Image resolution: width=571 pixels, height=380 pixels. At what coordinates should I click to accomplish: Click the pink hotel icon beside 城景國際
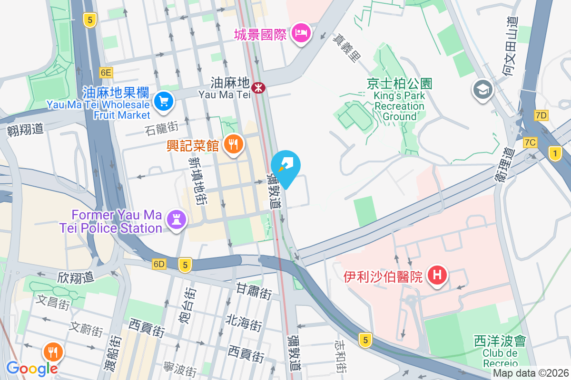pos(301,33)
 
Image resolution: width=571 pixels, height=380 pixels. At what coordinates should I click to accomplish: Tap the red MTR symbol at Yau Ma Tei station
pos(258,87)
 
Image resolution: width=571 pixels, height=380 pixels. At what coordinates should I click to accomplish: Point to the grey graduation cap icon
pos(482,89)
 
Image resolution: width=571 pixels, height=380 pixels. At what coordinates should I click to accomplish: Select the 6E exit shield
pos(106,73)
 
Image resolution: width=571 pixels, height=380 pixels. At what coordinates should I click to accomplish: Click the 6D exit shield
pos(159,264)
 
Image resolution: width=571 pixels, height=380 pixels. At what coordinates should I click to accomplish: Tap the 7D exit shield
pos(541,115)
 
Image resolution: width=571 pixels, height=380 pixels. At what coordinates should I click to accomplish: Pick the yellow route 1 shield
pos(554,153)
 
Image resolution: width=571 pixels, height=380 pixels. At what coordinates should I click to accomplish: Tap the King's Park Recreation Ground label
pos(399,106)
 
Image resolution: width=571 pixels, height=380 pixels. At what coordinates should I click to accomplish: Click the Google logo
pos(32,368)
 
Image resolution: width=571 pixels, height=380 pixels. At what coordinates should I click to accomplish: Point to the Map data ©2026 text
pos(531,373)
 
